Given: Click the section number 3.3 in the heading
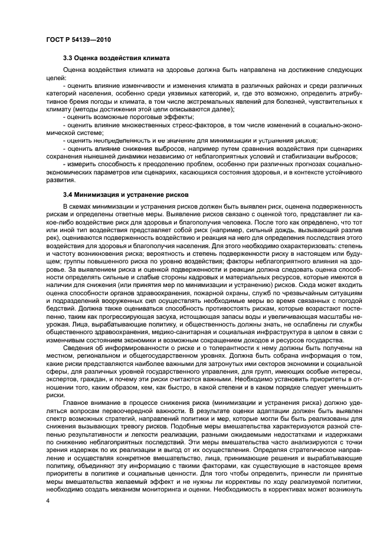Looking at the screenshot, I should [69, 59].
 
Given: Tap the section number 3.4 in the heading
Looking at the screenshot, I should [69, 194].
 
